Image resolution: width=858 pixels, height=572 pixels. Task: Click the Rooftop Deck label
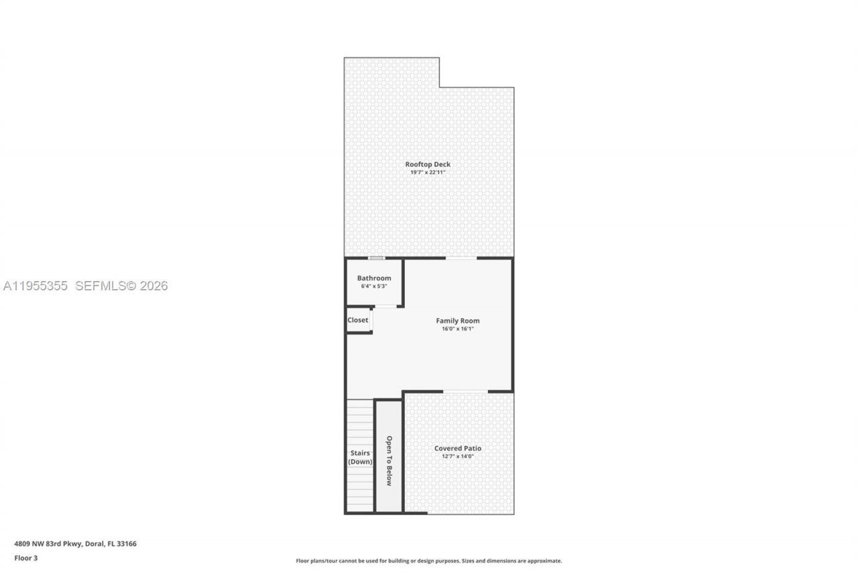click(x=428, y=164)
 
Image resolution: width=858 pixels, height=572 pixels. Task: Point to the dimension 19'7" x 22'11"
click(x=428, y=172)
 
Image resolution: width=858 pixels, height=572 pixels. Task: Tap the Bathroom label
click(x=374, y=278)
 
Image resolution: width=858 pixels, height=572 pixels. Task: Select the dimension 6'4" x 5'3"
click(x=374, y=286)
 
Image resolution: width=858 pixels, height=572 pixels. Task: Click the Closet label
click(x=358, y=320)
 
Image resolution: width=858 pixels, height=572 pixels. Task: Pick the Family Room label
click(x=458, y=321)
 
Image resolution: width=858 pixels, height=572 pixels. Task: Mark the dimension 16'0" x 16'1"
click(x=458, y=329)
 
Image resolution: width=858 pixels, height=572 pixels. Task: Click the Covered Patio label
click(x=458, y=449)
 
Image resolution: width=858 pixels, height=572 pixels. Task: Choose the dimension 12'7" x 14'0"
click(x=458, y=457)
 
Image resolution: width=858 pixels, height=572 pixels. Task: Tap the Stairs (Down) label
click(x=360, y=457)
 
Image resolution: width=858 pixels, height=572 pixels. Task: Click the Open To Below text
click(x=389, y=461)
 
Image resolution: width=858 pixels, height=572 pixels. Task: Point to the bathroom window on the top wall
click(x=377, y=258)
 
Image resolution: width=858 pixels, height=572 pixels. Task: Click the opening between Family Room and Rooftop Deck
click(x=461, y=258)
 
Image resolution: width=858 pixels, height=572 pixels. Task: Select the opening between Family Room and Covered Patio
click(x=465, y=392)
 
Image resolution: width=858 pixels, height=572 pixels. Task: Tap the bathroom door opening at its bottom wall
click(x=385, y=306)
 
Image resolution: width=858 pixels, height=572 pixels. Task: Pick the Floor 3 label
click(x=26, y=557)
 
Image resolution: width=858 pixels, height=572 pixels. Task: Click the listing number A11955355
click(x=36, y=286)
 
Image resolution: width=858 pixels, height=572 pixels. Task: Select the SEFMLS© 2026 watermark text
click(x=121, y=286)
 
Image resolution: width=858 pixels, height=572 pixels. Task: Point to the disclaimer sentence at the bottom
click(x=429, y=561)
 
